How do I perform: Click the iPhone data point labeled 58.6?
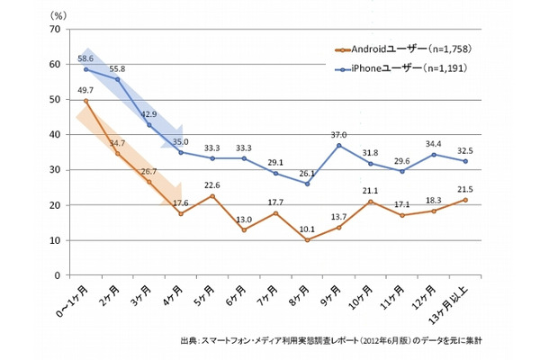coord(86,69)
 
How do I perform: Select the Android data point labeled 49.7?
coord(86,101)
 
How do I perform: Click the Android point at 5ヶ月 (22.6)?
coord(211,195)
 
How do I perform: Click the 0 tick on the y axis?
coord(57,275)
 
